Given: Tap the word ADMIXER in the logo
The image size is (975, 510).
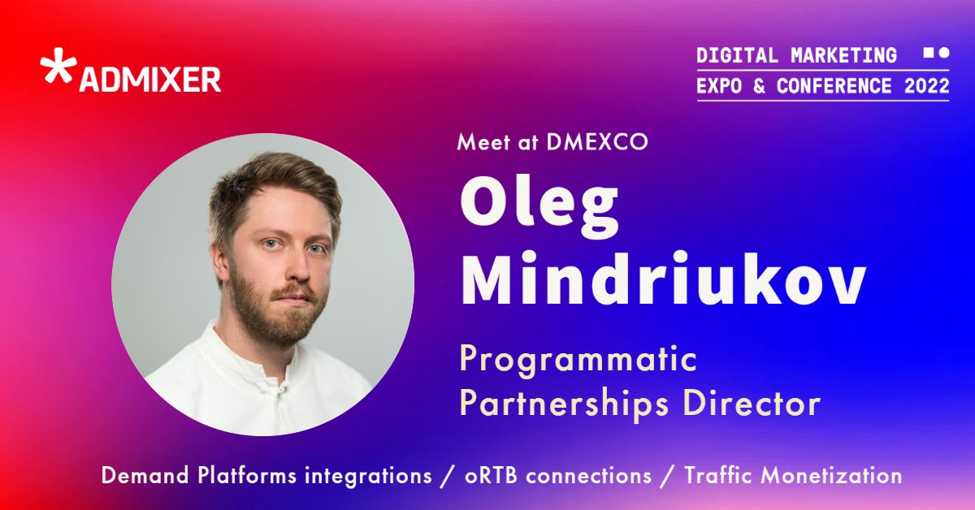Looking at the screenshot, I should pyautogui.click(x=149, y=80).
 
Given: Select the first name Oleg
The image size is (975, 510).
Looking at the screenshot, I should pyautogui.click(x=539, y=205).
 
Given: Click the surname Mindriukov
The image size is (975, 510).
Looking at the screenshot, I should pyautogui.click(x=662, y=281).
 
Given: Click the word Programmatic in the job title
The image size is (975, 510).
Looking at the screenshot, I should pyautogui.click(x=578, y=359).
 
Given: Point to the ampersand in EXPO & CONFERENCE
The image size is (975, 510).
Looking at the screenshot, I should pyautogui.click(x=759, y=85).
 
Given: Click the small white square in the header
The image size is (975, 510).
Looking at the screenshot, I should pyautogui.click(x=929, y=53).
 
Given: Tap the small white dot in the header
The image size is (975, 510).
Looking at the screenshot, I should pyautogui.click(x=944, y=53).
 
